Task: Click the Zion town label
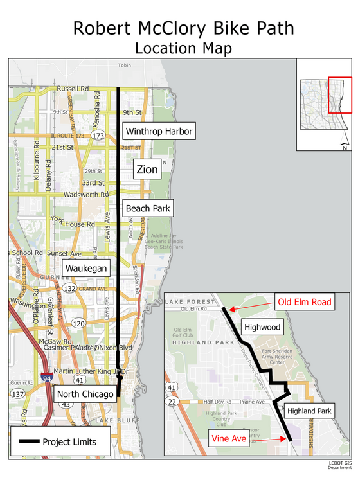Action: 146,170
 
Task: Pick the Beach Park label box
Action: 147,208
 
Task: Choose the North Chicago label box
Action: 84,393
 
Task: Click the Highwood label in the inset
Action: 262,327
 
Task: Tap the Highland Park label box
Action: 309,411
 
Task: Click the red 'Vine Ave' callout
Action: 229,439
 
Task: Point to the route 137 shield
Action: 17,393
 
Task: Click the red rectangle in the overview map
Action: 339,94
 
